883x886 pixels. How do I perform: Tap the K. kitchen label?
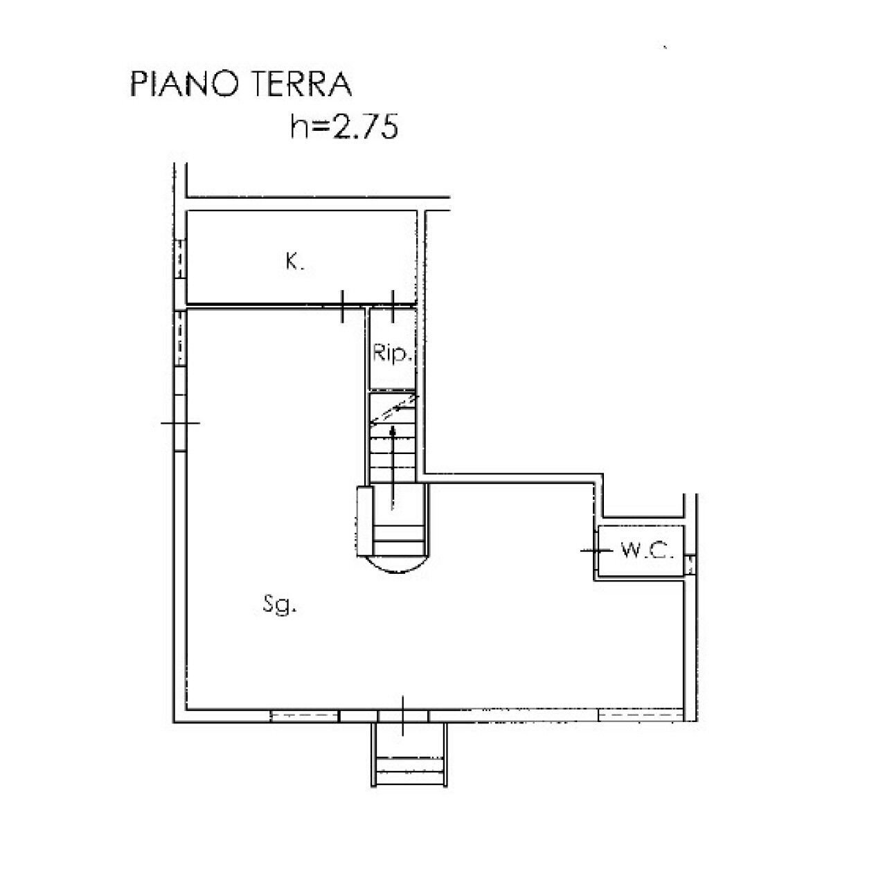294,262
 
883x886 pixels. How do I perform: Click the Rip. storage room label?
393,354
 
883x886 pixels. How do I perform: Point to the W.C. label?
647,551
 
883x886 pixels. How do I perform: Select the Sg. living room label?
280,606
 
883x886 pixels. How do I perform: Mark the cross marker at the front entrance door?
404,716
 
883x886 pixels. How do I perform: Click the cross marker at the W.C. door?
596,550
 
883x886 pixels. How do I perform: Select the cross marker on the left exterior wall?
180,423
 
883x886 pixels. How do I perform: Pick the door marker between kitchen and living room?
343,305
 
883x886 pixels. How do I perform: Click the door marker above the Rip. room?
393,305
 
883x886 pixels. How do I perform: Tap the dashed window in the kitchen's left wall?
180,257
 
